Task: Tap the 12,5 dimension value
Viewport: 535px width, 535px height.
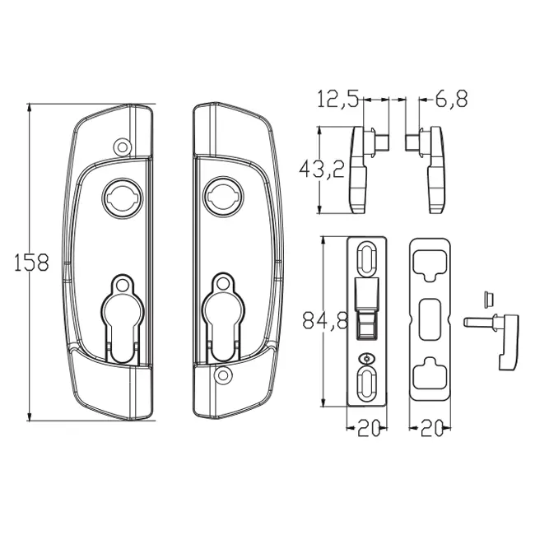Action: pyautogui.click(x=337, y=100)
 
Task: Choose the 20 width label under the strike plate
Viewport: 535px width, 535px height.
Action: pyautogui.click(x=430, y=429)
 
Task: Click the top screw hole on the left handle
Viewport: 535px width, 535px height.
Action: pyautogui.click(x=123, y=147)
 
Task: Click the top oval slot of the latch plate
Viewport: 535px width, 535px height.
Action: pyautogui.click(x=365, y=257)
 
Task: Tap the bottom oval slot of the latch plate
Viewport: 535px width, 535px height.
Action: pyautogui.click(x=365, y=384)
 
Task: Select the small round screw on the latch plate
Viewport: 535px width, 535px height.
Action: pyautogui.click(x=365, y=358)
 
